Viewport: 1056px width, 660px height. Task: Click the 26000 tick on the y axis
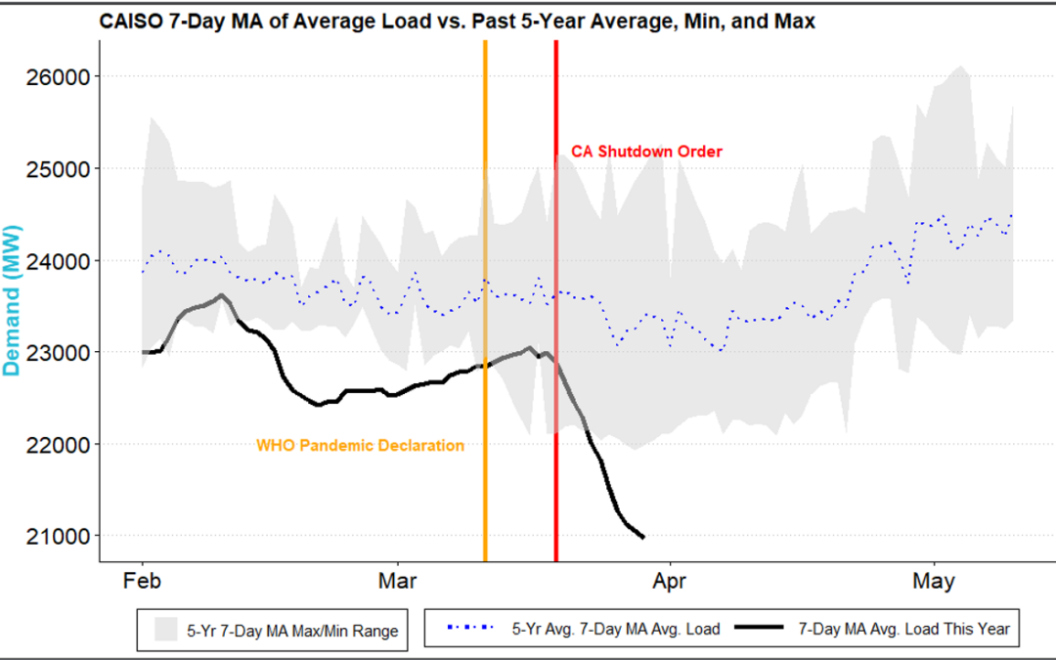coord(62,76)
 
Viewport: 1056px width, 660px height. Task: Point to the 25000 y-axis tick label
coord(62,168)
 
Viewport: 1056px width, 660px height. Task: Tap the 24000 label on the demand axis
coord(62,261)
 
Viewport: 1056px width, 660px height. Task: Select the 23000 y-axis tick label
coord(62,352)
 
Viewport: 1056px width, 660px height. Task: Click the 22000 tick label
coord(62,445)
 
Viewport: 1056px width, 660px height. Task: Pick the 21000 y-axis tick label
coord(62,537)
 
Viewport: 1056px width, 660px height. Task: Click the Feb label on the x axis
coord(143,581)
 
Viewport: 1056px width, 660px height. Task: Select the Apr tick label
coord(670,581)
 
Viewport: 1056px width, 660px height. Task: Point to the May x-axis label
coord(934,581)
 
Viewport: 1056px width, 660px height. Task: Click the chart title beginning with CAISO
coord(458,20)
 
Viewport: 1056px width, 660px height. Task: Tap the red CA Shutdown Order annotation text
coord(647,152)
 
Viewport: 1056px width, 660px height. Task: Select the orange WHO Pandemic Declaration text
coord(360,446)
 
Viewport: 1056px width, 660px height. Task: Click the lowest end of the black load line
coord(642,537)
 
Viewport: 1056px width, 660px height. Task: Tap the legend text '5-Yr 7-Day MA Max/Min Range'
coord(292,631)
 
